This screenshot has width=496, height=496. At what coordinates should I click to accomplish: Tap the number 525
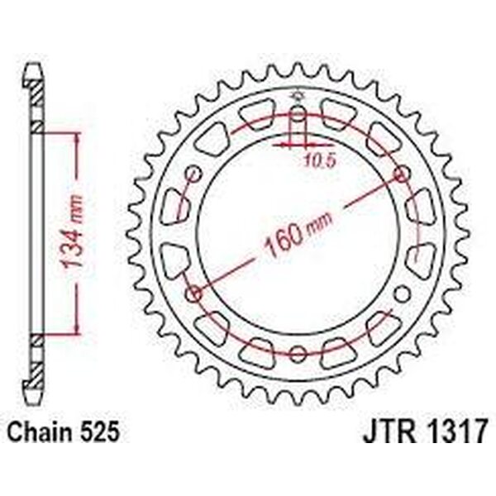(100, 432)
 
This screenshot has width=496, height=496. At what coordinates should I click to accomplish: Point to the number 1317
(454, 432)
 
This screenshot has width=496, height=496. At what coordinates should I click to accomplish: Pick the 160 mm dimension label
(298, 234)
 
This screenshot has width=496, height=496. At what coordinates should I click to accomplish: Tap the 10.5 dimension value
(319, 161)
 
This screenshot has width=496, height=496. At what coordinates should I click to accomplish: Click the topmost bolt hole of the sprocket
(298, 114)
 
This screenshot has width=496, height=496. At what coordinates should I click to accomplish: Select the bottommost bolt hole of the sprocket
(298, 354)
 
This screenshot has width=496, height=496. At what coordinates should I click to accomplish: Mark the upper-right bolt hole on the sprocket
(402, 174)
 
